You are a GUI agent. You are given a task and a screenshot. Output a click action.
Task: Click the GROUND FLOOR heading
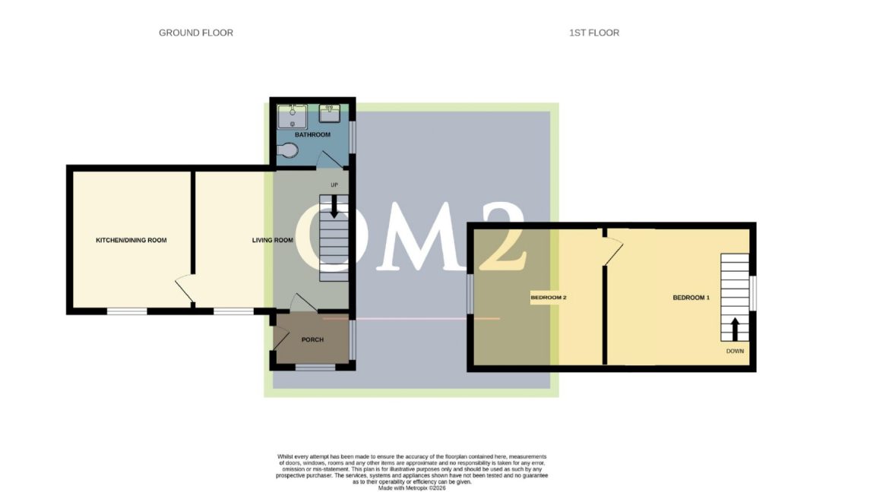point(195,33)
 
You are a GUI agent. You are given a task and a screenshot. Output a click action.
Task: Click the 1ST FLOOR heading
point(593,33)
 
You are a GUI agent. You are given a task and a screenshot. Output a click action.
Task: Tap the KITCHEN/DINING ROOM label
point(131,241)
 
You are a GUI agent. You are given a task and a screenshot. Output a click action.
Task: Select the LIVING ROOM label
point(273,241)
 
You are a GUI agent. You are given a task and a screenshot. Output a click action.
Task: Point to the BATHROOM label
point(312,135)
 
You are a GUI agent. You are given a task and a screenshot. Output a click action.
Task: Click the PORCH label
point(312,339)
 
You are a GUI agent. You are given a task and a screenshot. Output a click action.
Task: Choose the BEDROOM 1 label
point(691,298)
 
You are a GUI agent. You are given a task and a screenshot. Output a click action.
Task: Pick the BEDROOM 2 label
point(549,298)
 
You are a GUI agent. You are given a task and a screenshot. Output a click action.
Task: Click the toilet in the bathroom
point(288,151)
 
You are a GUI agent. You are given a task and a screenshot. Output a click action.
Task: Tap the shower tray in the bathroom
point(293,117)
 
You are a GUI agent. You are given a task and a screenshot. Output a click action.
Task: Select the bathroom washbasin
point(330,113)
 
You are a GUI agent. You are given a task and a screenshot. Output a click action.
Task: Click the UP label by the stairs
point(334,184)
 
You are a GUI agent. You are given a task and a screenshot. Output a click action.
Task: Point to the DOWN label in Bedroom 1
point(735,351)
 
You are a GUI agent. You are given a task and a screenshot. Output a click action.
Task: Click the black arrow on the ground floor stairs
point(334,207)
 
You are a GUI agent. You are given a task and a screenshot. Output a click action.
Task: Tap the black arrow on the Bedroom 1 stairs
point(735,329)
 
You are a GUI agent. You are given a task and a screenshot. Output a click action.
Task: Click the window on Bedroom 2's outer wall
point(470,294)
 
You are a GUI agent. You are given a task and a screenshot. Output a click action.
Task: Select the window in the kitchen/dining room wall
point(127,311)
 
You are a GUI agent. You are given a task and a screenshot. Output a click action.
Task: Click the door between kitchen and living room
point(185,289)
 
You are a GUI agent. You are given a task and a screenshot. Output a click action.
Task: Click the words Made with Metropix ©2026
point(412,488)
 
